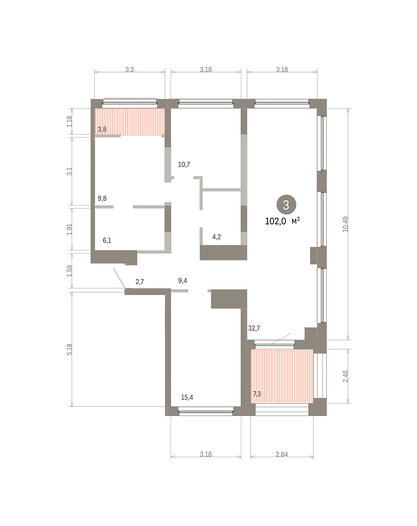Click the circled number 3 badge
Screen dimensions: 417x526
(x=286, y=205)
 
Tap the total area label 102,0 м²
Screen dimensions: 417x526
(x=282, y=221)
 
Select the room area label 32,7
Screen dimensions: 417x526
(x=254, y=328)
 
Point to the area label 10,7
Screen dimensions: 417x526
(x=184, y=164)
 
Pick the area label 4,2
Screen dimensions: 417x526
(x=217, y=237)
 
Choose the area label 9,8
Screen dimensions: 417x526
(x=102, y=198)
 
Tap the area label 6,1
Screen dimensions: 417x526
(x=107, y=240)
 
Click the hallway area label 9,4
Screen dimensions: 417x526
(x=182, y=281)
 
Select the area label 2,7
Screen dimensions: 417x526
(x=139, y=281)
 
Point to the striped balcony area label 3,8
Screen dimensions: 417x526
(x=102, y=129)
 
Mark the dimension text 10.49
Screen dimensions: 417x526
(x=345, y=224)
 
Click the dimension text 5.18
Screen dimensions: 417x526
(x=69, y=349)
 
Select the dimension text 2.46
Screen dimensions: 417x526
(x=345, y=376)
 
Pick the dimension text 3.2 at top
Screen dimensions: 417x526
(x=130, y=69)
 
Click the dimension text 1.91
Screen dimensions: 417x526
(x=69, y=229)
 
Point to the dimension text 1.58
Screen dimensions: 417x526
(x=69, y=271)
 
